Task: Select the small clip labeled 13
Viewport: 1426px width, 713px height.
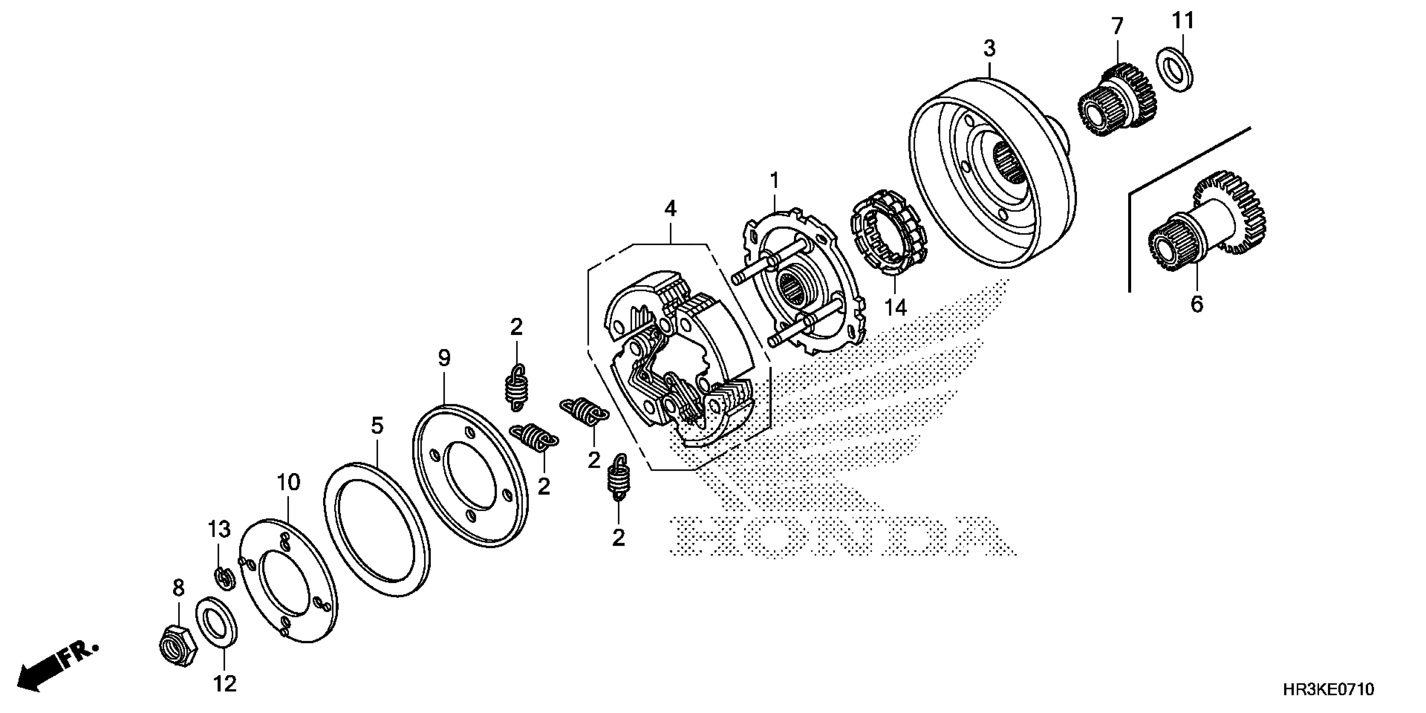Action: click(224, 578)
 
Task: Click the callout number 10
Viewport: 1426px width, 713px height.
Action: click(289, 483)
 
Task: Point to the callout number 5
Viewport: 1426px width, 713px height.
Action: click(377, 426)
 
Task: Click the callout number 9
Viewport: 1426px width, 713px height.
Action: click(444, 358)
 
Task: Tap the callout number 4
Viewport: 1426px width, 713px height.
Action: click(670, 209)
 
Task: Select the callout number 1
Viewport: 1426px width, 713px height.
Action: click(775, 180)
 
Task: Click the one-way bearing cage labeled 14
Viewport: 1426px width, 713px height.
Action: click(888, 232)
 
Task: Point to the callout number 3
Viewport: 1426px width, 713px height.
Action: click(989, 49)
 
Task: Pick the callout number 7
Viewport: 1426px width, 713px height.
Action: click(1117, 26)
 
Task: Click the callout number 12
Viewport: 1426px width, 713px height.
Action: click(225, 684)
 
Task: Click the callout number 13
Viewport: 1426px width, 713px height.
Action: click(219, 529)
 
